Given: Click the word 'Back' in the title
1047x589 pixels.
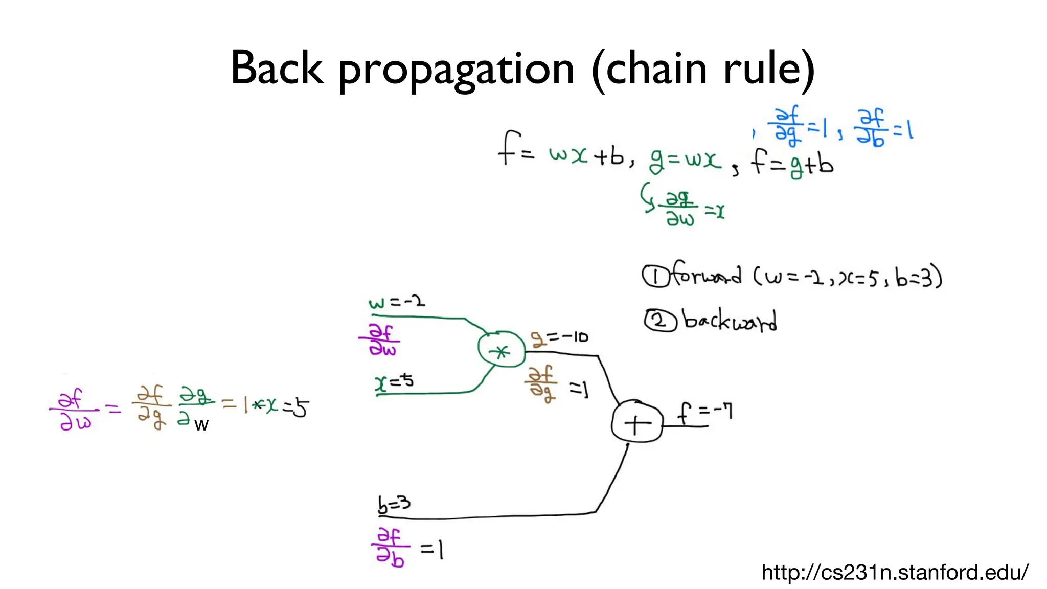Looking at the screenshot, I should click(277, 67).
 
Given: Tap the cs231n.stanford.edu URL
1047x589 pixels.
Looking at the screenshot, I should click(895, 572).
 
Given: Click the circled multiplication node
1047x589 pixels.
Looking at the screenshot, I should click(501, 351).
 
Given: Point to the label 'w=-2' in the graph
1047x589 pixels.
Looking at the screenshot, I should click(397, 302).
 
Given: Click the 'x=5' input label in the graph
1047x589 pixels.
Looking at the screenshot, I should click(394, 382).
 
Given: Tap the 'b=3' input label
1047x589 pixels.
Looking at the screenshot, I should click(394, 504).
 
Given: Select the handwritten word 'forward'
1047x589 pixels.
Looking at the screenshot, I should click(706, 275).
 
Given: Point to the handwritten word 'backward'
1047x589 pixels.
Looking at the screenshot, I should click(730, 321).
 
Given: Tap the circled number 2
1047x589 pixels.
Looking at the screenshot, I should click(659, 321).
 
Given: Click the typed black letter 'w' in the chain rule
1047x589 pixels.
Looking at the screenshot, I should click(201, 425).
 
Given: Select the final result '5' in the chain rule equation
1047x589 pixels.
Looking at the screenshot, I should click(301, 408).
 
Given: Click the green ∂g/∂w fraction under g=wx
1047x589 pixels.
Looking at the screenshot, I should click(680, 209).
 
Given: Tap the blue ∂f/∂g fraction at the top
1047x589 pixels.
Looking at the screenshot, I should click(786, 124).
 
